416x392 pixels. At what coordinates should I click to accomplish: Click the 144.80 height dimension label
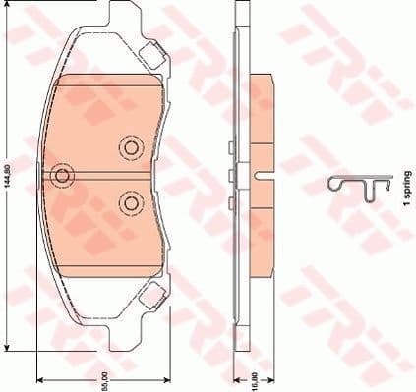coord(9,177)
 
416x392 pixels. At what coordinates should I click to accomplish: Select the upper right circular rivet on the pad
coord(130,148)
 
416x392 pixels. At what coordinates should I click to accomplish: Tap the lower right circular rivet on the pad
coord(130,202)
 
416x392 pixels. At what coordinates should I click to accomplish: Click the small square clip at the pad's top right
coord(151,55)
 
